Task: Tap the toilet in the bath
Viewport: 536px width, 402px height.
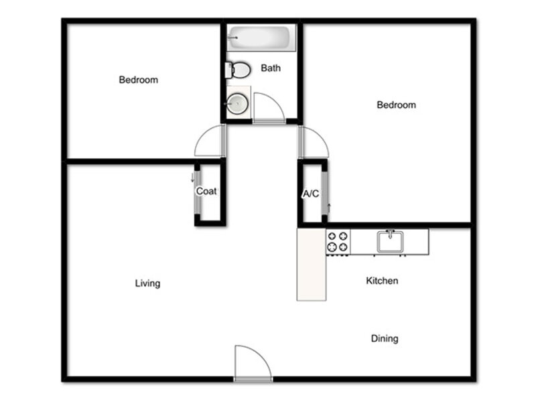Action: tap(238, 70)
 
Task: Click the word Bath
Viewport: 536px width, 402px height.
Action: tap(271, 68)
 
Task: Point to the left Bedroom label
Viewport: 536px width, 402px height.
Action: tap(139, 80)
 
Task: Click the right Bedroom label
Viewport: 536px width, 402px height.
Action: tap(396, 105)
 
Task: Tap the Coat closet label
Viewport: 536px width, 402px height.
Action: tap(206, 191)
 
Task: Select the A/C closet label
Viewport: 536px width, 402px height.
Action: tap(311, 194)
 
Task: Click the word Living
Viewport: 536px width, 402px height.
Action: tap(147, 283)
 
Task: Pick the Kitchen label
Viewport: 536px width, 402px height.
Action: tap(382, 281)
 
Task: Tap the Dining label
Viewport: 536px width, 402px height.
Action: tap(385, 338)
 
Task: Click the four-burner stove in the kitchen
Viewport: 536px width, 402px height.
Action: tap(338, 242)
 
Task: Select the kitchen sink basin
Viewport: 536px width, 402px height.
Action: tap(390, 242)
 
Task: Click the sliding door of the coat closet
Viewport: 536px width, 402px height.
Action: tap(197, 192)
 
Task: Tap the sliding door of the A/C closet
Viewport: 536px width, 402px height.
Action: tap(325, 194)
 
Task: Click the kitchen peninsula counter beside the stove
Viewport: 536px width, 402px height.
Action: tap(312, 264)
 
